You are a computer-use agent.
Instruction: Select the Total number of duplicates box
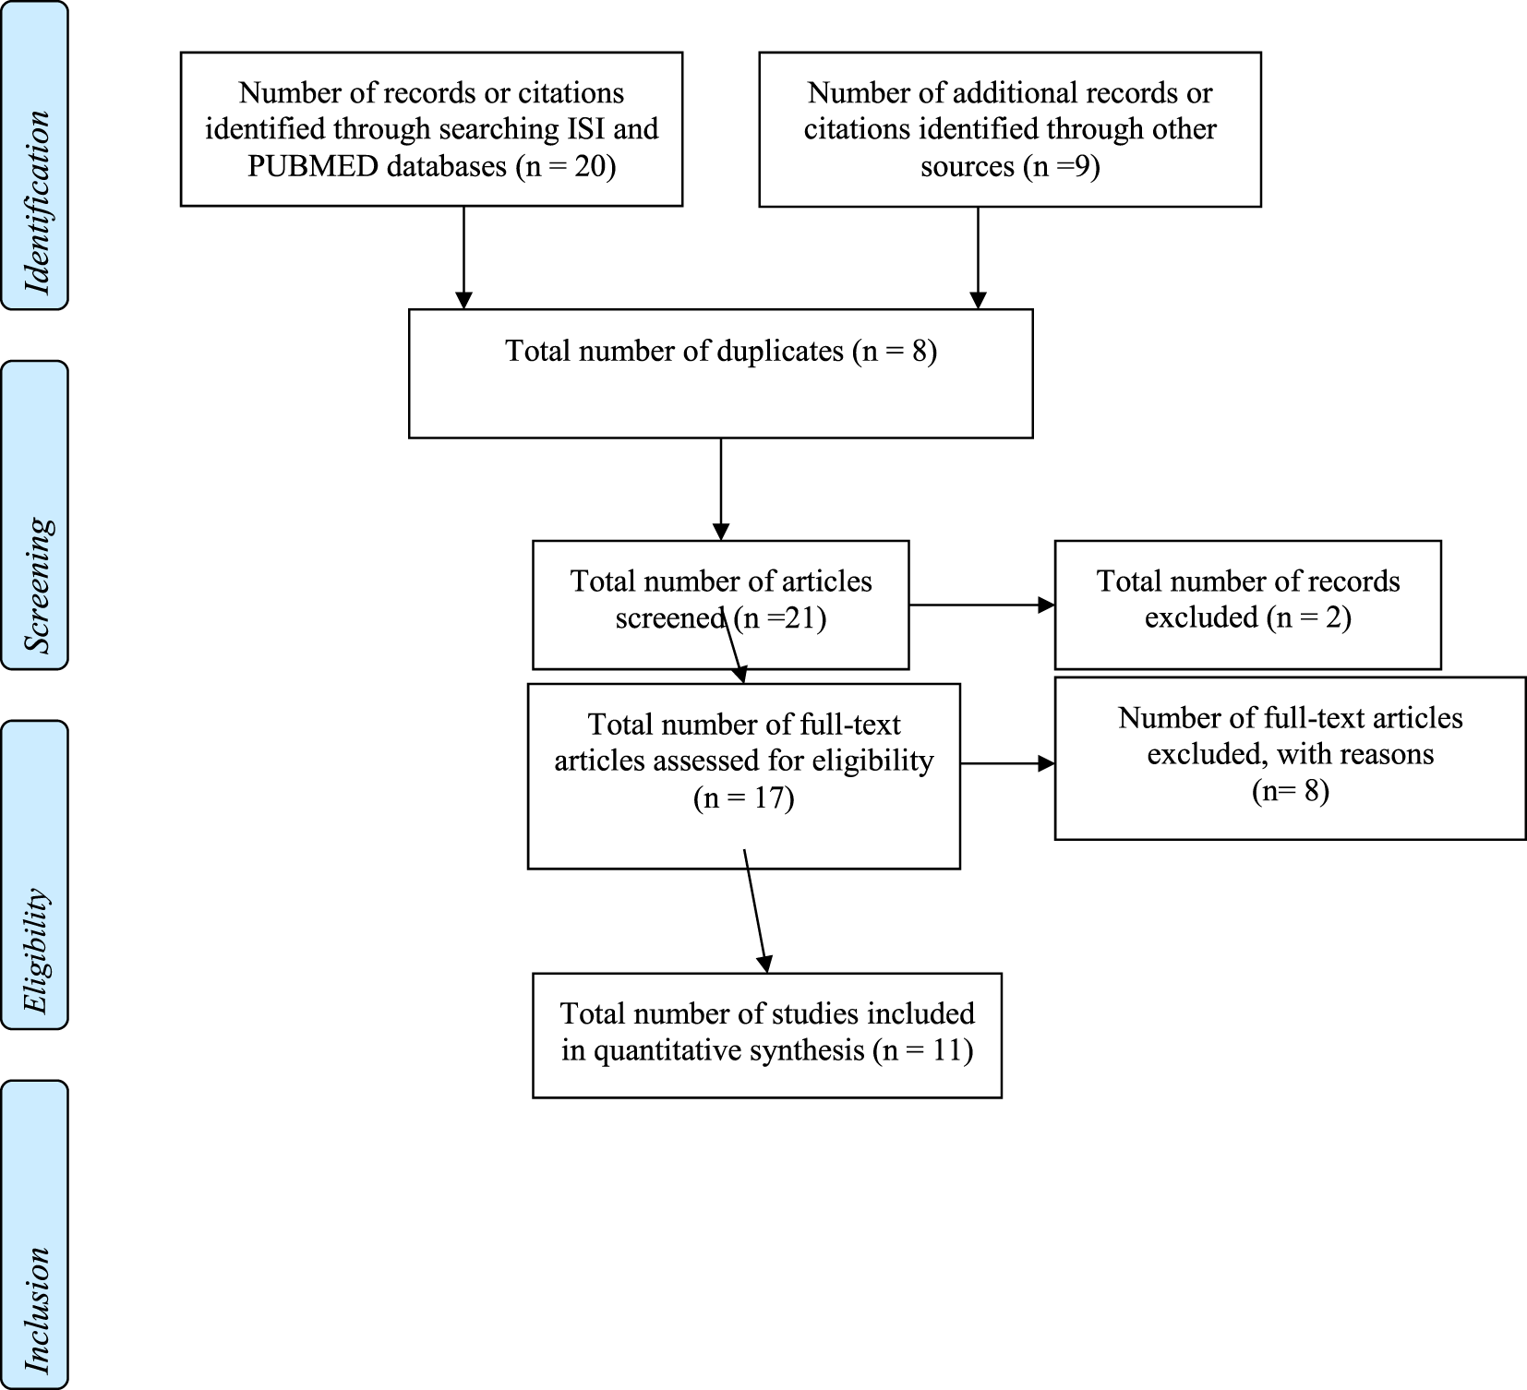coord(720,373)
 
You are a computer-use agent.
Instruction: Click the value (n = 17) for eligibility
coord(743,797)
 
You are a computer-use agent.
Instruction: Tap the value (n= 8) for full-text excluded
coord(1290,792)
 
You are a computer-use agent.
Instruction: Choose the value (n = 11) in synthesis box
coord(922,1050)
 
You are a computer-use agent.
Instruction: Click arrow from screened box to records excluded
coord(981,605)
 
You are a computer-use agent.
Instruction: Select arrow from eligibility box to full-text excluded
coord(1007,763)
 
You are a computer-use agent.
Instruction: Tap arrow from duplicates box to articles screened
coord(720,489)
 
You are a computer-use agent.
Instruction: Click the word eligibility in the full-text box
coord(872,761)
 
